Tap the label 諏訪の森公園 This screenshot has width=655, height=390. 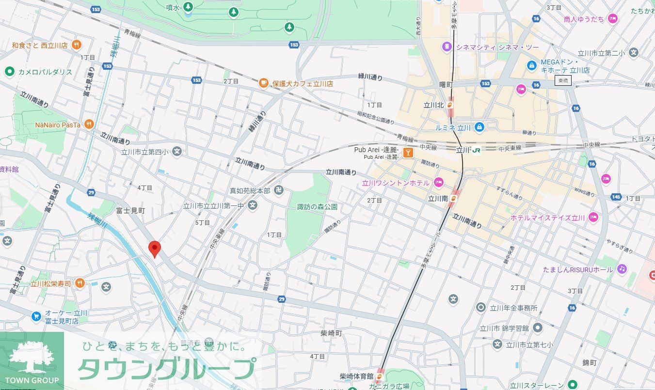(318, 207)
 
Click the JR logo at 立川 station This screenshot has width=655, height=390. (476, 151)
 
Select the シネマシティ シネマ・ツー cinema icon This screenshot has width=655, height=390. (446, 47)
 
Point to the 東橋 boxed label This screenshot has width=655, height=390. (563, 81)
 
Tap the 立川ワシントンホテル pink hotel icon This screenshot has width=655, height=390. (439, 183)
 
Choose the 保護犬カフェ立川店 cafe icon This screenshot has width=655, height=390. (263, 83)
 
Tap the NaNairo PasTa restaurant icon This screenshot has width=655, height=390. (88, 125)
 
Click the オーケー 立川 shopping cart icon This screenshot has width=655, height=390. (36, 316)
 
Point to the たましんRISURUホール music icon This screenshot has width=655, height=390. (622, 269)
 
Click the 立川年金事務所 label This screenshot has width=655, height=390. (513, 308)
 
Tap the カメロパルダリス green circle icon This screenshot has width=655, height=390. (9, 72)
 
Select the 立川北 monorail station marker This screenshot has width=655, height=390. (451, 104)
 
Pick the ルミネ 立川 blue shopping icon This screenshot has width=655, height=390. (479, 127)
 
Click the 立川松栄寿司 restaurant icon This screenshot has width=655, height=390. (80, 283)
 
